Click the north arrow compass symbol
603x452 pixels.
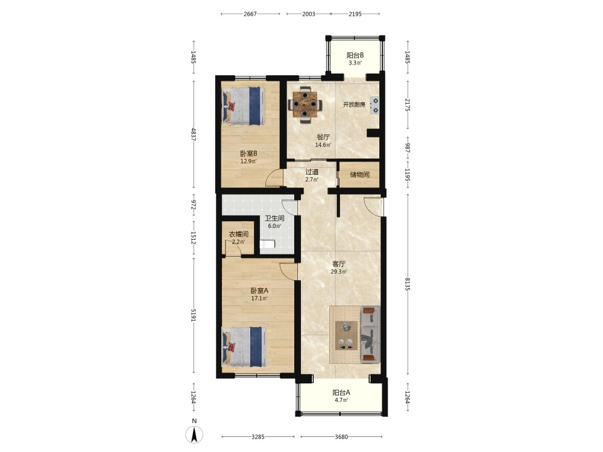pyautogui.click(x=194, y=435)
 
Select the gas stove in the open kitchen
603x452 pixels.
pyautogui.click(x=374, y=105)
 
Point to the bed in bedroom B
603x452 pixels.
pyautogui.click(x=244, y=105)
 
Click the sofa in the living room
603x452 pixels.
pyautogui.click(x=370, y=334)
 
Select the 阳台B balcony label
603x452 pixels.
pyautogui.click(x=355, y=55)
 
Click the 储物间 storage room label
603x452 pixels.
pyautogui.click(x=359, y=175)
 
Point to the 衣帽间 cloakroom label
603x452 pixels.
pyautogui.click(x=238, y=234)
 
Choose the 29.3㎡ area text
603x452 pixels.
pyautogui.click(x=339, y=272)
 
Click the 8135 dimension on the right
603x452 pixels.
pyautogui.click(x=408, y=284)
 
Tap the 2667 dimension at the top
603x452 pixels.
pyautogui.click(x=250, y=14)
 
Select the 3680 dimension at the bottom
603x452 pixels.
pyautogui.click(x=341, y=436)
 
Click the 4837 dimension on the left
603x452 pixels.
pyautogui.click(x=193, y=134)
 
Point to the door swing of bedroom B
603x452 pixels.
pyautogui.click(x=274, y=179)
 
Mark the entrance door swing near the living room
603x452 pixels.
pyautogui.click(x=373, y=207)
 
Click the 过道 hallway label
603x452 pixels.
pyautogui.click(x=312, y=172)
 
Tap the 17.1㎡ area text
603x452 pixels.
pyautogui.click(x=259, y=298)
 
